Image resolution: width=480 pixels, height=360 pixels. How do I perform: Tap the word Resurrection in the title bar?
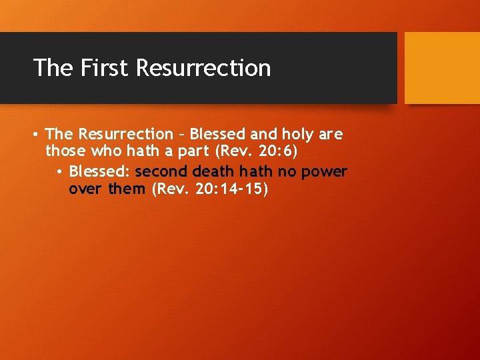tap(203, 68)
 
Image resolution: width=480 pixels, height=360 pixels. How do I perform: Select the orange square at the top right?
tap(442, 68)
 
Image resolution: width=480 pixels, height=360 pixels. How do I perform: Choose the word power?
tap(324, 172)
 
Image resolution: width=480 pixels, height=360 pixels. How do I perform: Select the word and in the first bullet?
tap(263, 134)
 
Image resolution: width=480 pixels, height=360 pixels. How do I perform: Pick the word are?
tap(331, 134)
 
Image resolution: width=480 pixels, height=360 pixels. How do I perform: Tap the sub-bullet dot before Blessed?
tap(59, 173)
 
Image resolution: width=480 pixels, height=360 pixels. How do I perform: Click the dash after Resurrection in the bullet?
tap(181, 135)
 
